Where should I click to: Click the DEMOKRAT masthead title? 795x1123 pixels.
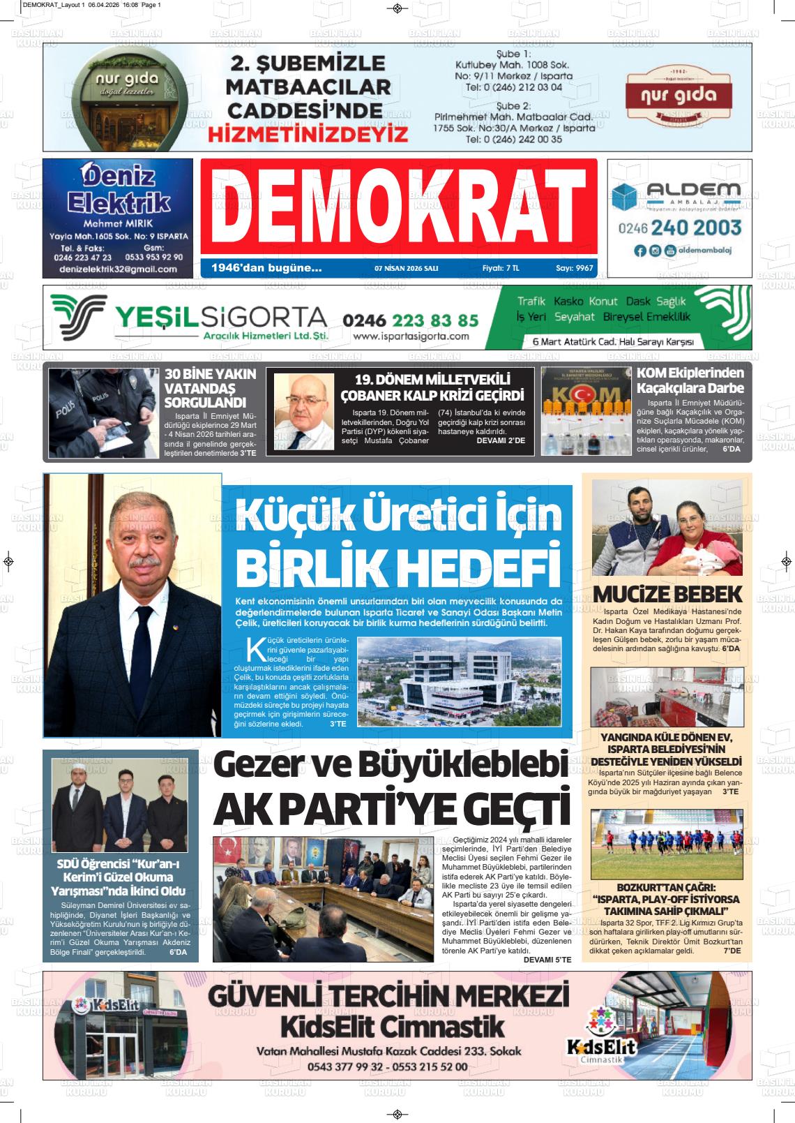[x=398, y=207]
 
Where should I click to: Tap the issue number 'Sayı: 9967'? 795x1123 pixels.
[x=574, y=267]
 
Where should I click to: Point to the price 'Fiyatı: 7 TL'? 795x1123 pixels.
[x=501, y=267]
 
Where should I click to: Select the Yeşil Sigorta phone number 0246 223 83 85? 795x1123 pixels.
[x=410, y=320]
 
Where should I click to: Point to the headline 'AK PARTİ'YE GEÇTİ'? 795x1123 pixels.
[x=391, y=808]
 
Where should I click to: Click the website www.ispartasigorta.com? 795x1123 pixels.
[x=411, y=336]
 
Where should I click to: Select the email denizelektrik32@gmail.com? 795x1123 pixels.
[x=118, y=269]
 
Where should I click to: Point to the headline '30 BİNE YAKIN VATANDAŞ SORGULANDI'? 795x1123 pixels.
[x=210, y=388]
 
